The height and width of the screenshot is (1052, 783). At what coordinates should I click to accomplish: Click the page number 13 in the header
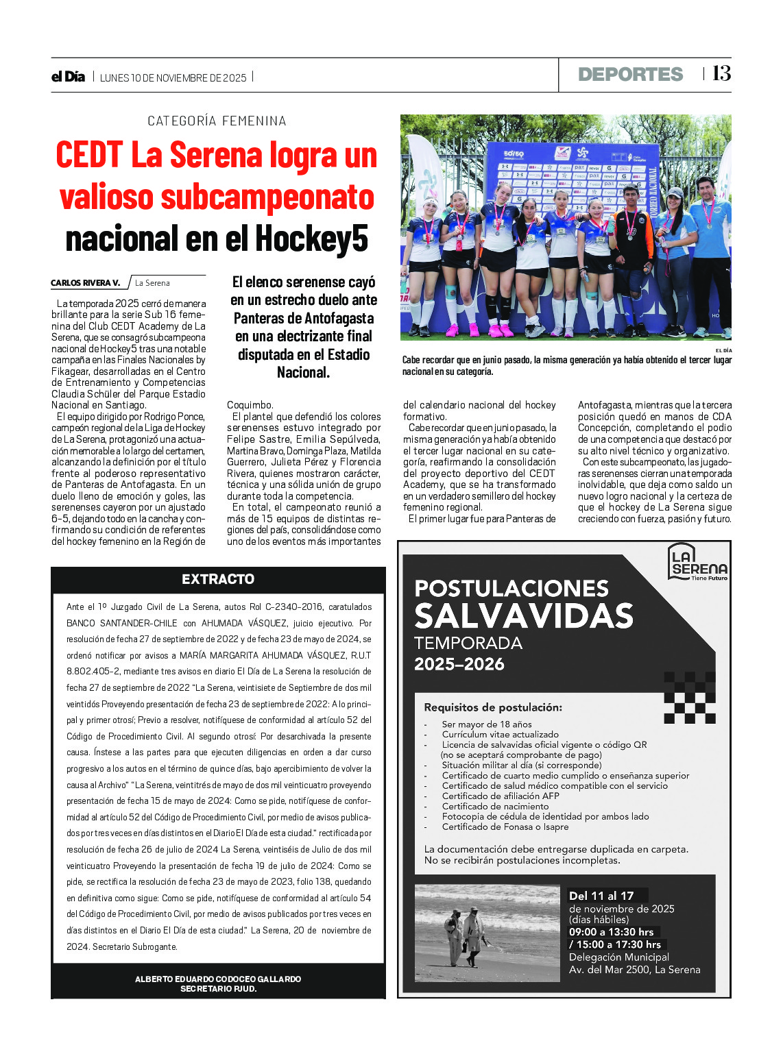721,73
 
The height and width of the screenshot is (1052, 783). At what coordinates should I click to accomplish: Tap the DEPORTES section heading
630,74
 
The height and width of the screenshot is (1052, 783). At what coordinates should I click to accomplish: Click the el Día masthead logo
69,77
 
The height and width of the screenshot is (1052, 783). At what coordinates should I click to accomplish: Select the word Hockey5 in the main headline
312,238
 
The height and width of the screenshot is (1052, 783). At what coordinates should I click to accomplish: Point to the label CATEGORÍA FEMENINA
217,121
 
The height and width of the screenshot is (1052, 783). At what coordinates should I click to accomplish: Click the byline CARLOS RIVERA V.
86,283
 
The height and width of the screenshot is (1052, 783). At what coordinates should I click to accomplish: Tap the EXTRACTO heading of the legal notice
218,579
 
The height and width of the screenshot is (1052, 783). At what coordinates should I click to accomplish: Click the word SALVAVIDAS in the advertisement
524,615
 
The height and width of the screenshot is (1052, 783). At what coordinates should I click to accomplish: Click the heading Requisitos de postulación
493,707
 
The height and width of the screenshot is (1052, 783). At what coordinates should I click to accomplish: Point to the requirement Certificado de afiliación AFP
501,796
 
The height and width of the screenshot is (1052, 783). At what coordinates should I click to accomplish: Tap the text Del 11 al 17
601,896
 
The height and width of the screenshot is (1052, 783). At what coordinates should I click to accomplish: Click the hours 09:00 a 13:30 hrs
612,932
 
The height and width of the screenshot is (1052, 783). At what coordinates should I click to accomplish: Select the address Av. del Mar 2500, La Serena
634,970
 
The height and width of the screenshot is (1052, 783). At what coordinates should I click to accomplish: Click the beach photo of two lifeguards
487,933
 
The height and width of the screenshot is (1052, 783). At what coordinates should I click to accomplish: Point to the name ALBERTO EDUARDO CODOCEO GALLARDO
218,979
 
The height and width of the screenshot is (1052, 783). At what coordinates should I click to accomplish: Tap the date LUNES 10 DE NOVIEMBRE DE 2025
173,78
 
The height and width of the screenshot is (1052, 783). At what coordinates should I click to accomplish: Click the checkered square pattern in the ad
690,698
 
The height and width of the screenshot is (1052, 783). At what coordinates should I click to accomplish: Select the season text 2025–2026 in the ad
459,664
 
